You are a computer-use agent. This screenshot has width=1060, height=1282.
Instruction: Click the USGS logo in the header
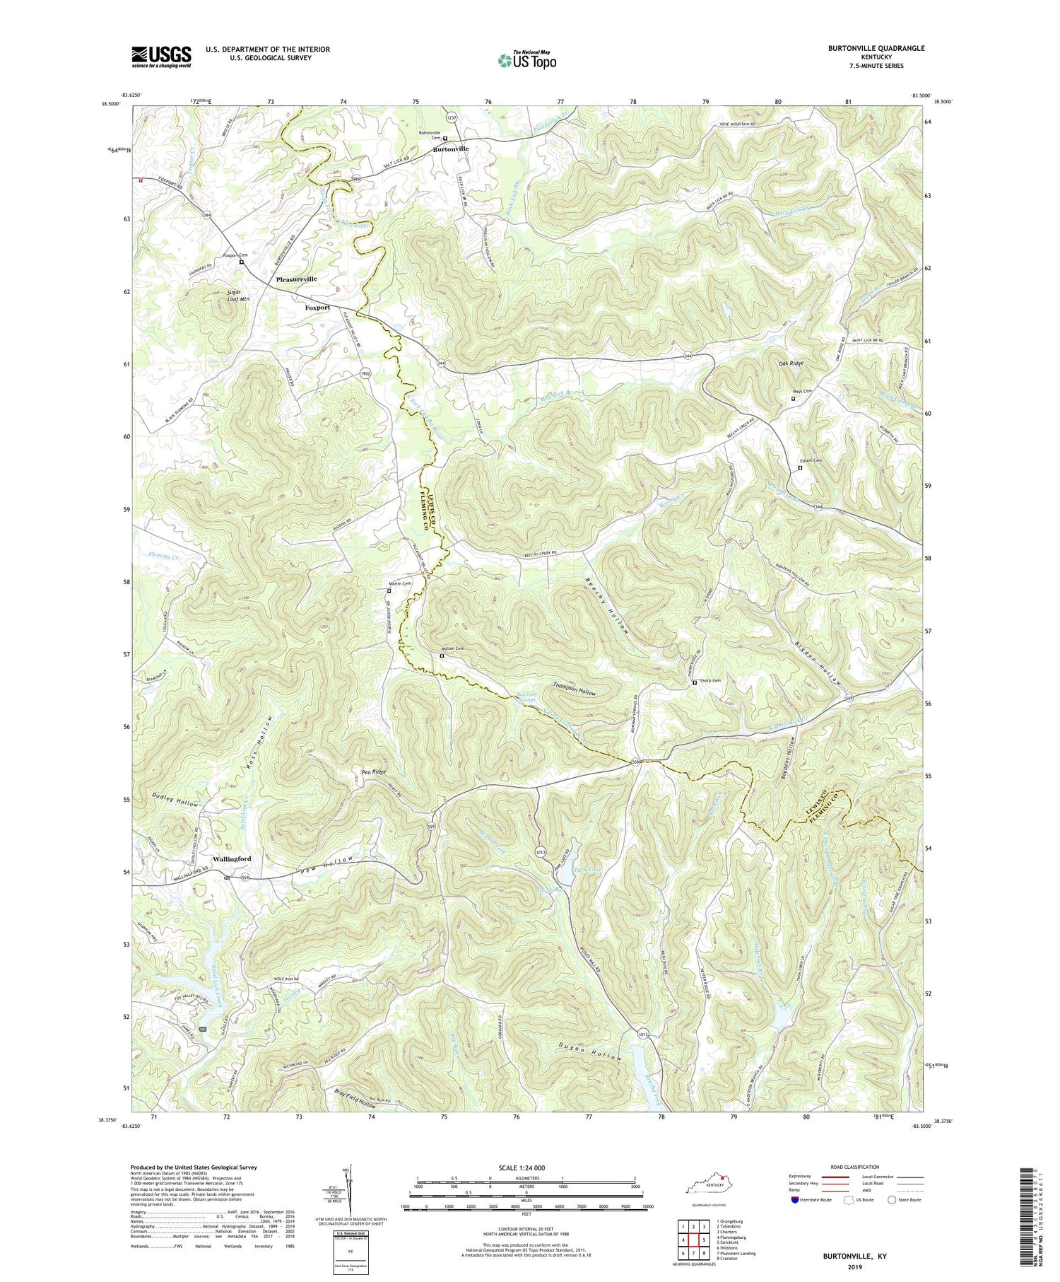[161, 57]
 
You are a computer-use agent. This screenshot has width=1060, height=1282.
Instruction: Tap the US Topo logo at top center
[526, 60]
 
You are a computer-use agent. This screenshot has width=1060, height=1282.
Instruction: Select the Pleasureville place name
[297, 279]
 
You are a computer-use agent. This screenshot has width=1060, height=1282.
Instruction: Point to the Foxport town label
[317, 308]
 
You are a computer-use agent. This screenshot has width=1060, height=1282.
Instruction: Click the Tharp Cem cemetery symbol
[695, 682]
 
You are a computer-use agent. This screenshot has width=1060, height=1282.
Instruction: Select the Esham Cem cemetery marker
[800, 467]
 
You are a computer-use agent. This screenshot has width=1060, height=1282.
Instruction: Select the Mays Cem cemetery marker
[793, 399]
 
